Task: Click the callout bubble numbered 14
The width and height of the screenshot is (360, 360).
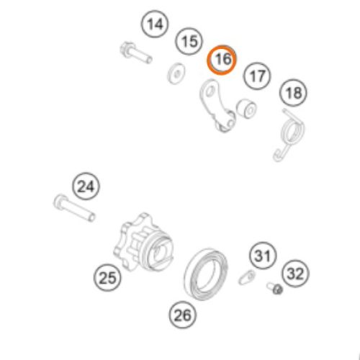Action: coord(155,24)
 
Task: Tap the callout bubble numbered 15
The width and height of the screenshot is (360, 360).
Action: coord(189,41)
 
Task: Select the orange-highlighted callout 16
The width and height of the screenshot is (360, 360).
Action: coord(222,60)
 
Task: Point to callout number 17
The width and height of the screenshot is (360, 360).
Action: coord(257,76)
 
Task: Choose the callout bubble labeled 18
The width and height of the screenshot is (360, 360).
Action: coord(293,93)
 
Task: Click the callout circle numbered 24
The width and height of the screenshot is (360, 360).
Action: coord(86,186)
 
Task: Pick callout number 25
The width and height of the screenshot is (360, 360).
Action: coord(107,277)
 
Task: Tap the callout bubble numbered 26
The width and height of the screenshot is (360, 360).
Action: coord(183,315)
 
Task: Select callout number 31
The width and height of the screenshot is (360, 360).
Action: coord(263,256)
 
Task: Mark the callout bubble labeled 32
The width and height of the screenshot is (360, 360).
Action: coord(295,274)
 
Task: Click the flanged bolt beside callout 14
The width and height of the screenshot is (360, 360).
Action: coord(136,53)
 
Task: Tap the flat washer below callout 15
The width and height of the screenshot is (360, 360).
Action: coord(176,73)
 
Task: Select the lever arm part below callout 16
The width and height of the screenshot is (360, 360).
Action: coord(216,106)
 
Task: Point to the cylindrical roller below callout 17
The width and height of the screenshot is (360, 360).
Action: coord(246,108)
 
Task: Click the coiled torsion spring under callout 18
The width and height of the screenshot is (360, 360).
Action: coord(290,135)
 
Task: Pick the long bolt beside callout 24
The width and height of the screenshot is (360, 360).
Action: coord(74,208)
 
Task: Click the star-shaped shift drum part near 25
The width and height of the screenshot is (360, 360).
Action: coord(143,243)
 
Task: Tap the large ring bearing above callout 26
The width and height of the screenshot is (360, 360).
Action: coord(207,274)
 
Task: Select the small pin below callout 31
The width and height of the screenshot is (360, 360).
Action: coord(247,277)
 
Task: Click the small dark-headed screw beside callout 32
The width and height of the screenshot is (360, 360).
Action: coord(274,289)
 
